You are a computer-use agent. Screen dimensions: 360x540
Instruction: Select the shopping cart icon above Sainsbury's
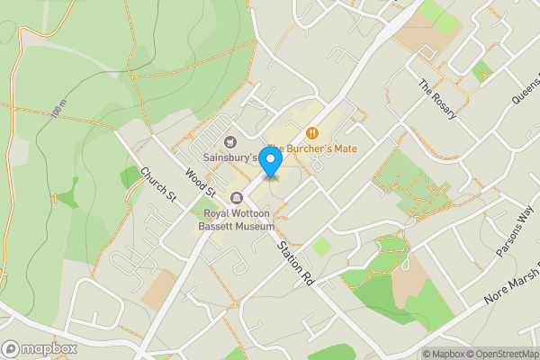click(x=230, y=141)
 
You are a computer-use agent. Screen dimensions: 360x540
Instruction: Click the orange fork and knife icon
click(x=311, y=133)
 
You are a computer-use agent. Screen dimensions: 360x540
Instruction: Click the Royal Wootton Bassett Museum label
click(x=238, y=220)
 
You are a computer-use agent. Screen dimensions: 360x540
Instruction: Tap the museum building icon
click(x=238, y=198)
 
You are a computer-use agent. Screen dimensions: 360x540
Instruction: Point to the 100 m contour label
click(x=59, y=110)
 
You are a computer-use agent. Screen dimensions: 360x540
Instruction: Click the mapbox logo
click(x=40, y=348)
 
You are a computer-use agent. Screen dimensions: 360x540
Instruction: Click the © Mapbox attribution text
click(x=441, y=353)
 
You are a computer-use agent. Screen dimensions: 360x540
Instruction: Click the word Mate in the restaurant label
click(x=352, y=148)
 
